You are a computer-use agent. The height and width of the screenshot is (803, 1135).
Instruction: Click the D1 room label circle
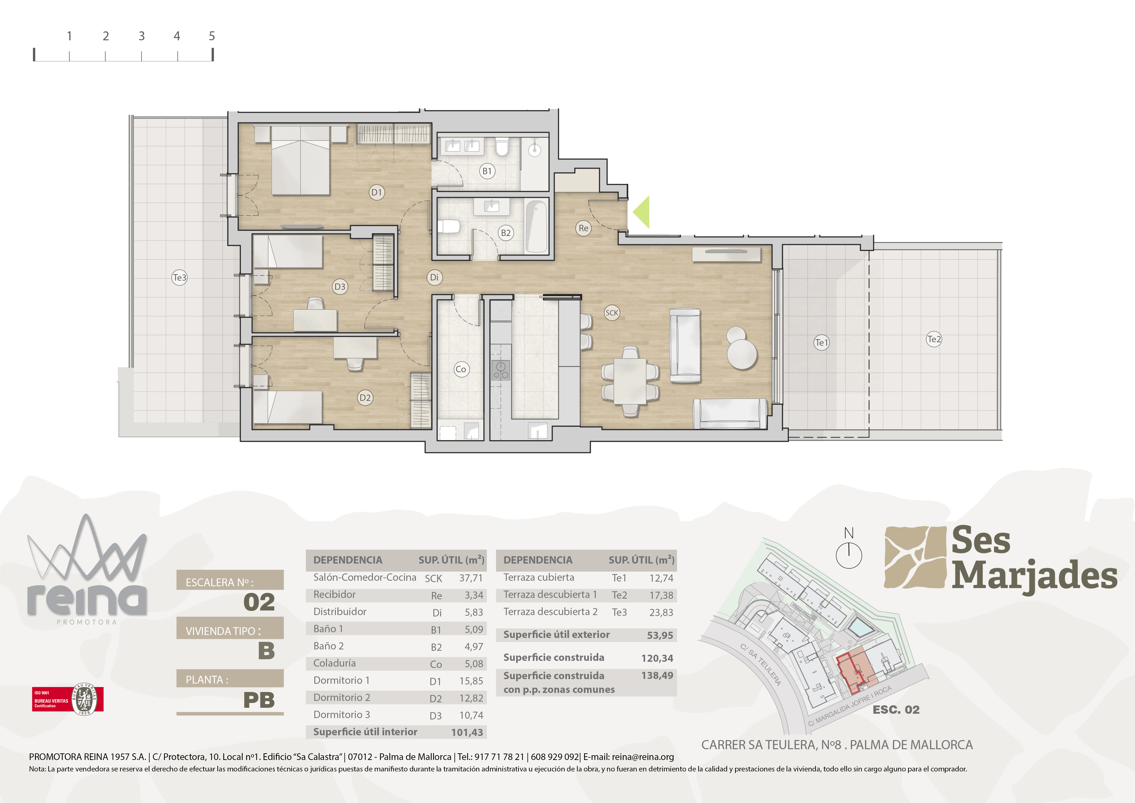(x=377, y=192)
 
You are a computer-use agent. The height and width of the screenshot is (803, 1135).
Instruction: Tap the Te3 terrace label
(x=179, y=277)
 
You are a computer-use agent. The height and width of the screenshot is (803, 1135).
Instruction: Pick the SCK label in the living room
(x=612, y=312)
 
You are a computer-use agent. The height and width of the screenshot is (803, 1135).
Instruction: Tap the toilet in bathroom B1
(x=502, y=147)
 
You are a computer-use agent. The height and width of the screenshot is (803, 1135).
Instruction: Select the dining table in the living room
(x=630, y=381)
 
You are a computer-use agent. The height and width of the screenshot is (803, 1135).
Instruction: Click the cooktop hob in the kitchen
(x=501, y=370)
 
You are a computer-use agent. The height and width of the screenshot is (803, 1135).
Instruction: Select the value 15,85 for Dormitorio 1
(x=471, y=681)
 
